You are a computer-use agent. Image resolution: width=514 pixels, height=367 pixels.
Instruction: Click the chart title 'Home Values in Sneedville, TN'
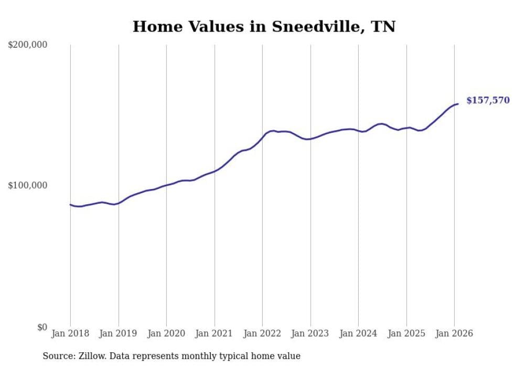click(264, 27)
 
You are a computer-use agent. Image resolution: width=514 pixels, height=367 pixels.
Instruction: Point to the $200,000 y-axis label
click(28, 45)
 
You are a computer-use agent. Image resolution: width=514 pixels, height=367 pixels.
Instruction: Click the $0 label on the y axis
click(41, 328)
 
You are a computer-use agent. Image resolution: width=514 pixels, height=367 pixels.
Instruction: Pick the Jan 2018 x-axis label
click(70, 333)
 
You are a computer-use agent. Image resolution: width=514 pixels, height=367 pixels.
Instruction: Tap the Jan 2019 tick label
click(119, 333)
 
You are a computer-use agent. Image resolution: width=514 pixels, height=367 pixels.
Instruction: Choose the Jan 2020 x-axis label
click(166, 333)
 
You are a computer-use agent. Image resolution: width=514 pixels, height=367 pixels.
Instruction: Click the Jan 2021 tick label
click(215, 333)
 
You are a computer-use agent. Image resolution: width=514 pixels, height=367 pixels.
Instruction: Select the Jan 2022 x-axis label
click(262, 333)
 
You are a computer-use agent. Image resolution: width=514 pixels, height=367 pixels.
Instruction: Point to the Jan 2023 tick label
click(310, 333)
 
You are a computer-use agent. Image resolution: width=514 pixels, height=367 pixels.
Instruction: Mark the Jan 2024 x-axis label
click(358, 333)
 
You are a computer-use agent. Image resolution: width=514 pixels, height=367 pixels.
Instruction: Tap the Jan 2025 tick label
click(406, 333)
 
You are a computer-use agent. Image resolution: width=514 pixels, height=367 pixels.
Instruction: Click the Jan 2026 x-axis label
click(454, 333)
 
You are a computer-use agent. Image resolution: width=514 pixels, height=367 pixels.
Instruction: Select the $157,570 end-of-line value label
click(488, 100)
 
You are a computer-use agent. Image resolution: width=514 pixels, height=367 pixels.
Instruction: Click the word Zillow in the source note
click(89, 356)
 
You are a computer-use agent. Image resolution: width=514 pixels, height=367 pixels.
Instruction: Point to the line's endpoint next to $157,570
click(458, 104)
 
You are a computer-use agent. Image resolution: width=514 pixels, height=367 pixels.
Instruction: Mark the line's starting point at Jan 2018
click(70, 205)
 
